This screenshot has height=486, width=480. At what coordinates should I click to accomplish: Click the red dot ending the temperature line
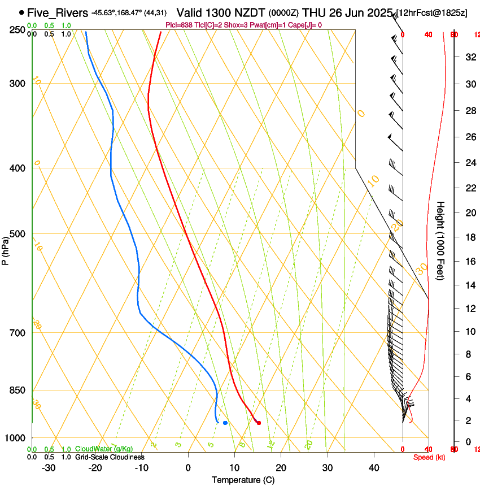pyautogui.click(x=259, y=423)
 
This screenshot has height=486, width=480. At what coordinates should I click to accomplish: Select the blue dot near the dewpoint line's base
pyautogui.click(x=225, y=423)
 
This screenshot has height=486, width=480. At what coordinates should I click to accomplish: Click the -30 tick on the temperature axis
pyautogui.click(x=49, y=468)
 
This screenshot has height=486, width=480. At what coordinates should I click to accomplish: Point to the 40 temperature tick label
pyautogui.click(x=374, y=468)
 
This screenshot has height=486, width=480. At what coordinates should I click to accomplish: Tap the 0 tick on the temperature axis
pyautogui.click(x=189, y=468)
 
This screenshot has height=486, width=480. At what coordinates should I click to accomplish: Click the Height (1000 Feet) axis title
pyautogui.click(x=441, y=240)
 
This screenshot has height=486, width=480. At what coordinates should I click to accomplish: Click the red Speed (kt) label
pyautogui.click(x=429, y=457)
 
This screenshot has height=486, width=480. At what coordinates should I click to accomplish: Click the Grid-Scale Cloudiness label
pyautogui.click(x=109, y=457)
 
